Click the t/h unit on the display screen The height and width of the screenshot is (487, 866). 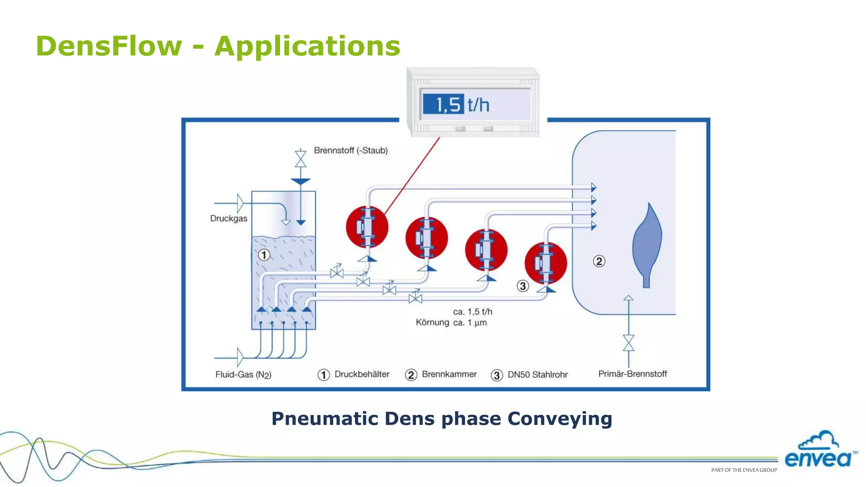coord(478,104)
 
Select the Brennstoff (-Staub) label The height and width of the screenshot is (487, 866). coord(351,150)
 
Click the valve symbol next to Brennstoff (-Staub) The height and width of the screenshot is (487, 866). coord(301,159)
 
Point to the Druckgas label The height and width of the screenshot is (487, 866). coord(228,219)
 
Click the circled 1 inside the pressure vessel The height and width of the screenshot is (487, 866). coord(264,255)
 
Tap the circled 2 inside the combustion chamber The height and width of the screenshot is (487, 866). coord(599,261)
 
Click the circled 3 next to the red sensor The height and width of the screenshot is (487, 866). coord(523,286)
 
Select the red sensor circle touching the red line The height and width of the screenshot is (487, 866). coord(367,227)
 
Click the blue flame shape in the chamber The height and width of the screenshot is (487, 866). coord(647,245)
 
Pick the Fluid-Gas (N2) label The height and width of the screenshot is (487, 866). coord(243,375)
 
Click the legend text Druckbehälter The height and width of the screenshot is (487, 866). coord(362,374)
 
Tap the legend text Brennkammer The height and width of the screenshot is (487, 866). coord(449,374)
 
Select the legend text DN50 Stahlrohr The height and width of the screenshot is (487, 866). coord(537,375)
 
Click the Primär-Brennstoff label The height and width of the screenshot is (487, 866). coord(632,374)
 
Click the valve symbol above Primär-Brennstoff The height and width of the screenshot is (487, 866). coord(628,343)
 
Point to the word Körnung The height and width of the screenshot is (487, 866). coord(432,322)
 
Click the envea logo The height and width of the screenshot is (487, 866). coord(818,452)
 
